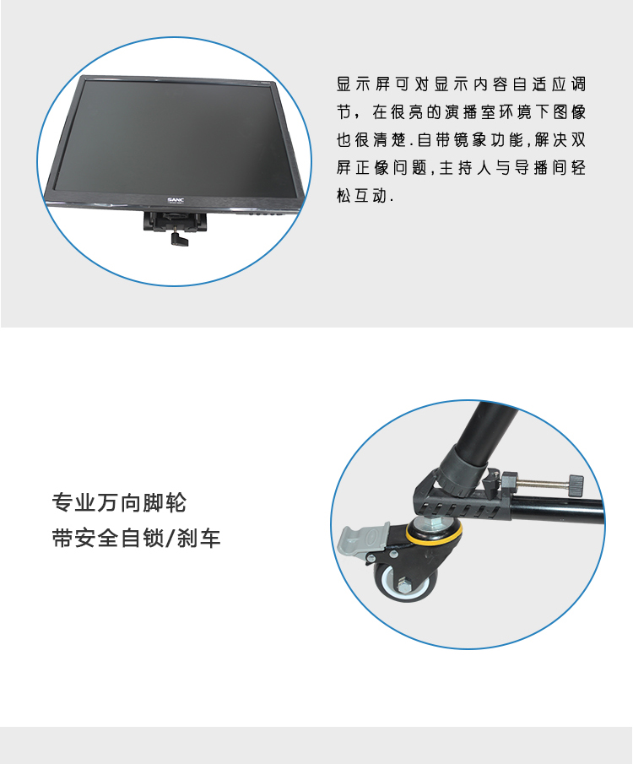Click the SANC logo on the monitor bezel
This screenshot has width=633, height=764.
(175, 200)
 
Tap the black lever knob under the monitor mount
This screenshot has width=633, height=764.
(176, 238)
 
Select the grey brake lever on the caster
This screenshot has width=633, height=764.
(361, 540)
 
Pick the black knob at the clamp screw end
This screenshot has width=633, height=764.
(576, 485)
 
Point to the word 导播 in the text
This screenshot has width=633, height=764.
(531, 168)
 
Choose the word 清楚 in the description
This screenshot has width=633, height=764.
(390, 140)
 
